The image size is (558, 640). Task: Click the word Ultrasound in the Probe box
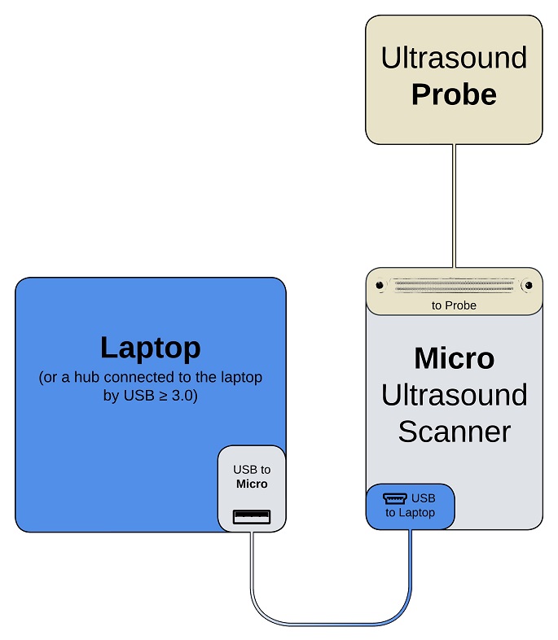[x=454, y=58]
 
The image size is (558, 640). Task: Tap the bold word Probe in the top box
[x=454, y=94]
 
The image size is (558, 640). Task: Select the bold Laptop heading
[x=151, y=348]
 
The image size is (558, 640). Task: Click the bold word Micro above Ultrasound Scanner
[x=454, y=358]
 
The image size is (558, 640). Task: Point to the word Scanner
[x=454, y=431]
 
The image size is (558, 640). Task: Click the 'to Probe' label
[x=454, y=305]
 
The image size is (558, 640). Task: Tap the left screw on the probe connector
[x=380, y=286]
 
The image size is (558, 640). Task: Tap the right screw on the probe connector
[x=528, y=286]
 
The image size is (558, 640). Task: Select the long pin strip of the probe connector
[x=454, y=286]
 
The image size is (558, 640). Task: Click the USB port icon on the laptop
[x=252, y=515]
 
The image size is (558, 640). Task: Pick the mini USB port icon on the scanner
[x=395, y=498]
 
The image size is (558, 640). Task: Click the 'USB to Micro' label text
[x=252, y=476]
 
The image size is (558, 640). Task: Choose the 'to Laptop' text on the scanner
[x=411, y=513]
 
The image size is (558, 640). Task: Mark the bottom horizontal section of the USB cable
[x=330, y=624]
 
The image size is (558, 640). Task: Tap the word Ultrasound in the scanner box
[x=454, y=395]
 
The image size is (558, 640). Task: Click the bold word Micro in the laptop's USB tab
[x=252, y=484]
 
